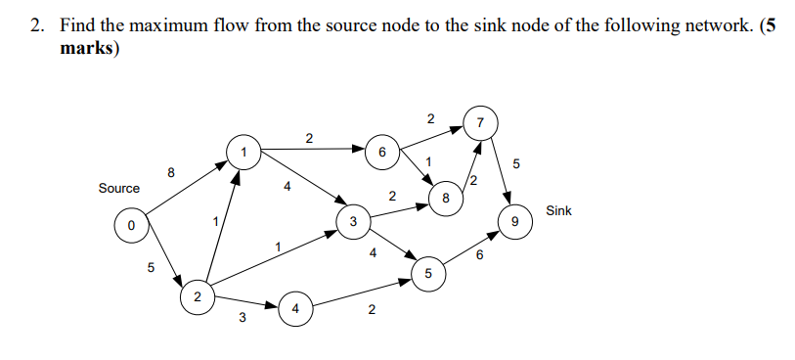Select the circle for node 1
pyautogui.click(x=242, y=152)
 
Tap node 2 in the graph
pyautogui.click(x=197, y=295)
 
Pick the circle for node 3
pyautogui.click(x=351, y=222)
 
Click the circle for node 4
pyautogui.click(x=295, y=310)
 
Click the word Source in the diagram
pyautogui.click(x=118, y=188)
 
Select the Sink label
pyautogui.click(x=558, y=210)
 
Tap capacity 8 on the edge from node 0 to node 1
pyautogui.click(x=171, y=173)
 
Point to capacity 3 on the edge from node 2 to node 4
pyautogui.click(x=242, y=316)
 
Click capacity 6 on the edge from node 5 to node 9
pyautogui.click(x=479, y=255)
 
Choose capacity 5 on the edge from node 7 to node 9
pyautogui.click(x=517, y=162)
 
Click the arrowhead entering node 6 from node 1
pyautogui.click(x=359, y=151)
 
